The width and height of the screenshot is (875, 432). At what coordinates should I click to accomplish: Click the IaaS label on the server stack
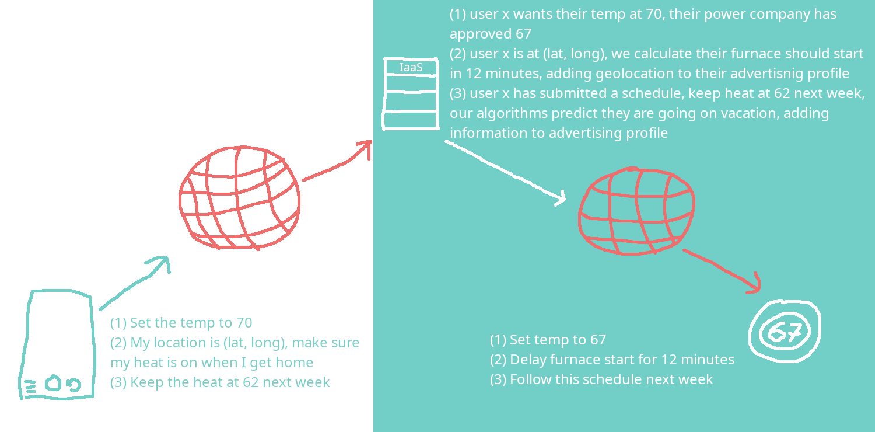click(x=411, y=67)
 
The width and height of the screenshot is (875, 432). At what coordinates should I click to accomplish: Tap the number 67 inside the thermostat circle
click(x=785, y=332)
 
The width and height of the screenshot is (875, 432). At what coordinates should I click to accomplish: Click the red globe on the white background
click(x=239, y=197)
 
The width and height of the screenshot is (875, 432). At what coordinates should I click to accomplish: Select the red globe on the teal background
click(x=637, y=211)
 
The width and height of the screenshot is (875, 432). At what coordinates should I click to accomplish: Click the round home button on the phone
click(x=53, y=384)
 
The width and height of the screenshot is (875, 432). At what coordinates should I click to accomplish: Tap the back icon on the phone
click(x=74, y=385)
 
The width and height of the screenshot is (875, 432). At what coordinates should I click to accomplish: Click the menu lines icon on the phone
click(x=30, y=386)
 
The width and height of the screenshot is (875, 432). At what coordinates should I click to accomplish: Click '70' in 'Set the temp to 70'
click(x=244, y=322)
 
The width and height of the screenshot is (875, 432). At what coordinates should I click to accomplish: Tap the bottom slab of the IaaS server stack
click(x=411, y=120)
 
